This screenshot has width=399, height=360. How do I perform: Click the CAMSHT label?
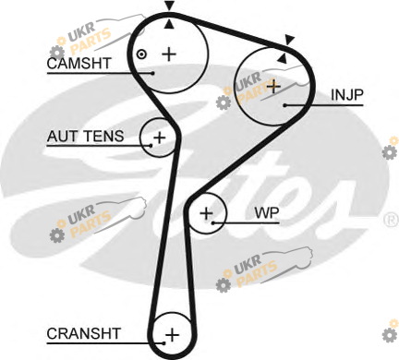pos(79,64)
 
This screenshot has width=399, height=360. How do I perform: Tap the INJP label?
pos(347,95)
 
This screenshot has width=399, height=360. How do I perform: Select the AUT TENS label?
pos(85,136)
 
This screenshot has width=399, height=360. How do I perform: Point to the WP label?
pos(267,212)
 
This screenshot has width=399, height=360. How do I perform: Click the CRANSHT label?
pos(83,333)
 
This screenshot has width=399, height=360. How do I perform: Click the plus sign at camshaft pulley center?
pos(169,54)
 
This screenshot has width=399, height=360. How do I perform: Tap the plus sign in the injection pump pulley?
pos(273,87)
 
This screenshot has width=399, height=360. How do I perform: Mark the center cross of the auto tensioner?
pos(159,138)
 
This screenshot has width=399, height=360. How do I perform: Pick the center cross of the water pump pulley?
pos(206,213)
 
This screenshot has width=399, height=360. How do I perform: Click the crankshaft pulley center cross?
pos(172,334)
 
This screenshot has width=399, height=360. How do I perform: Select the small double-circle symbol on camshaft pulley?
pos(141,54)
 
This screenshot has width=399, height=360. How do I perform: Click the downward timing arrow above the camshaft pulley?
pos(169,6)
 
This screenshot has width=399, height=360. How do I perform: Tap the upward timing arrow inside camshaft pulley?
pos(169,25)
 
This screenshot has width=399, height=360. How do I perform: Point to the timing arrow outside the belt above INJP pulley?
pos(289,40)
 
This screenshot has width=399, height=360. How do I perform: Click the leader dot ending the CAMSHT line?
pos(152,73)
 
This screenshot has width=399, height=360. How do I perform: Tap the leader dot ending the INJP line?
pos(285,105)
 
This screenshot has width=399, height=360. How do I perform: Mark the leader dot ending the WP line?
pos(213,222)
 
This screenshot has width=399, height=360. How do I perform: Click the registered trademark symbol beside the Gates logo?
pos(392,220)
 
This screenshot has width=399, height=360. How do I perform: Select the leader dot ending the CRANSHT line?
pos(164,343)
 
